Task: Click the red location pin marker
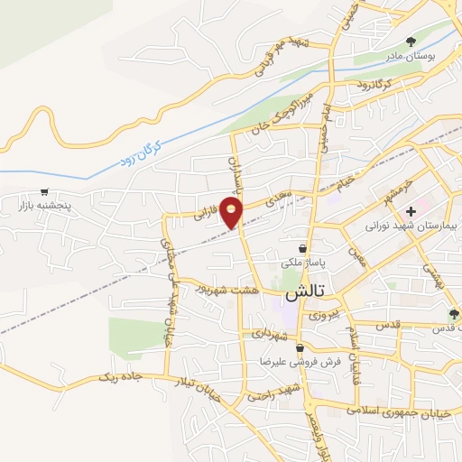(233, 213)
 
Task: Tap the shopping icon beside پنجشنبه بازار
(44, 191)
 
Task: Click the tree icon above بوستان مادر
(411, 42)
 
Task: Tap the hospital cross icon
(411, 210)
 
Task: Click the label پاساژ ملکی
(302, 263)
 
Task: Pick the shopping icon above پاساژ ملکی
(302, 247)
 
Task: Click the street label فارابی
(207, 216)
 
